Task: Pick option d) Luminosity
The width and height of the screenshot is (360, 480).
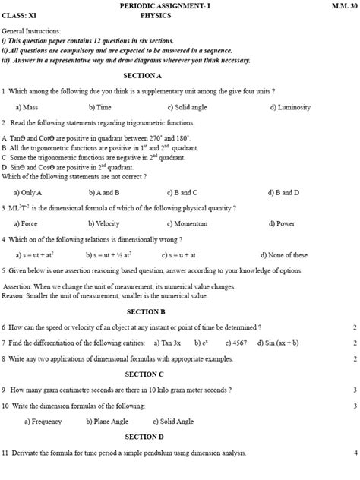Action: click(x=290, y=107)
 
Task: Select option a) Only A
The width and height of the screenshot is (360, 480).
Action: click(x=29, y=192)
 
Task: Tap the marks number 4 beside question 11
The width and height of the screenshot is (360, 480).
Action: click(x=355, y=453)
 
